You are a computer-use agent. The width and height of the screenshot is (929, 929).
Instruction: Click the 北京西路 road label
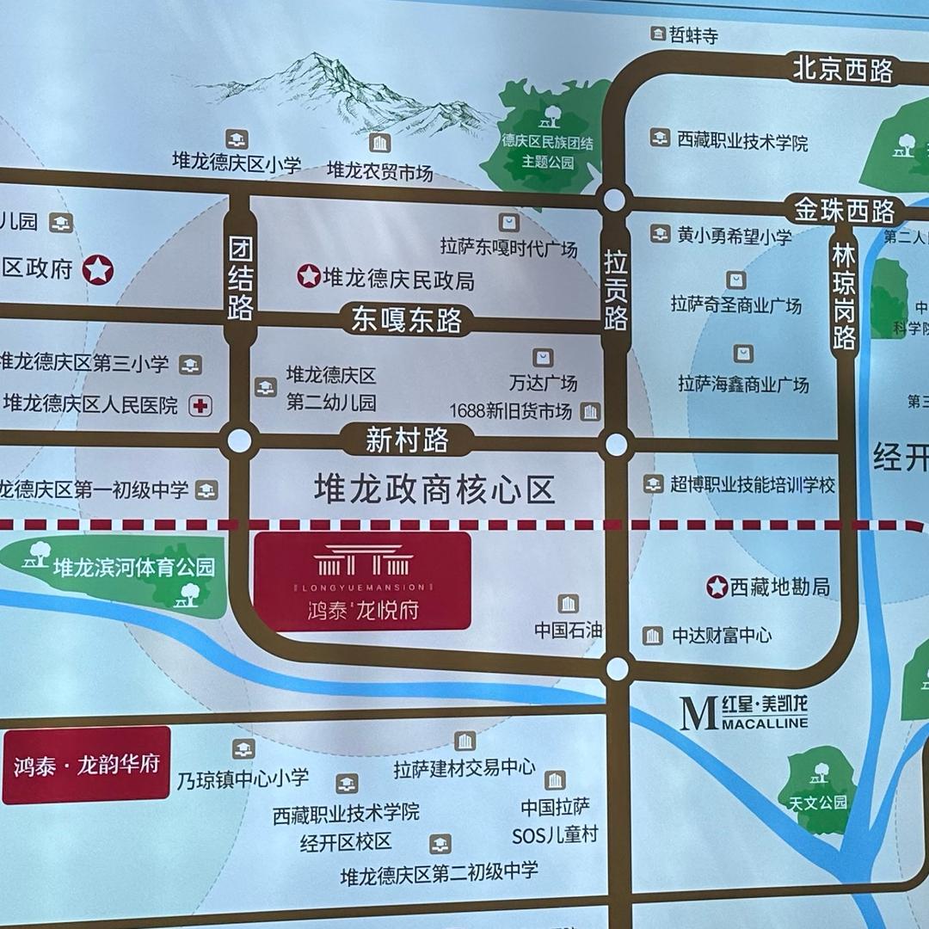pyautogui.click(x=842, y=70)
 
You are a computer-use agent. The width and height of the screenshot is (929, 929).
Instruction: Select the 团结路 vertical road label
pyautogui.click(x=240, y=280)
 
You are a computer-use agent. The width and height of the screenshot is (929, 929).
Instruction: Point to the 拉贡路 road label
pyautogui.click(x=616, y=290)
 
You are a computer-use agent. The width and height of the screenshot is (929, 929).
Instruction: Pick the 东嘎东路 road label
pyautogui.click(x=407, y=320)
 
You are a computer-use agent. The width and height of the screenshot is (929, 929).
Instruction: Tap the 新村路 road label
pyautogui.click(x=407, y=440)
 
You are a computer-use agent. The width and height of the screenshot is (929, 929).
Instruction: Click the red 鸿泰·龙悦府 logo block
pyautogui.click(x=362, y=581)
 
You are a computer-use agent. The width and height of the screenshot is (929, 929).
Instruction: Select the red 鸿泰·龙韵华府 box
pyautogui.click(x=86, y=765)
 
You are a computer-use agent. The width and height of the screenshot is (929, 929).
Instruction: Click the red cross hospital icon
pyautogui.click(x=200, y=405)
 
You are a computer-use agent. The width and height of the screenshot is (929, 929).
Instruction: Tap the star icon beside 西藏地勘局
pyautogui.click(x=717, y=587)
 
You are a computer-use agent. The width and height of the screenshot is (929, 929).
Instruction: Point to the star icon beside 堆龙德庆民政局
pyautogui.click(x=308, y=276)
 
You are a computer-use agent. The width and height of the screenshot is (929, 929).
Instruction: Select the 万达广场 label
pyautogui.click(x=543, y=383)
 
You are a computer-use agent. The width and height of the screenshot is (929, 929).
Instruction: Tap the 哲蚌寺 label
pyautogui.click(x=693, y=36)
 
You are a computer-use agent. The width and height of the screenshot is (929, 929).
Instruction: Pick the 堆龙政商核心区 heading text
pyautogui.click(x=434, y=490)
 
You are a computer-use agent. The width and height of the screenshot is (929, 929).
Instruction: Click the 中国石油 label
pyautogui.click(x=568, y=630)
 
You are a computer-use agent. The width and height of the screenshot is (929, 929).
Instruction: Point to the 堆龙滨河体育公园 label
pyautogui.click(x=133, y=567)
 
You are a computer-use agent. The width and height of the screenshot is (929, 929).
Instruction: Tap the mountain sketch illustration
pyautogui.click(x=344, y=95)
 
